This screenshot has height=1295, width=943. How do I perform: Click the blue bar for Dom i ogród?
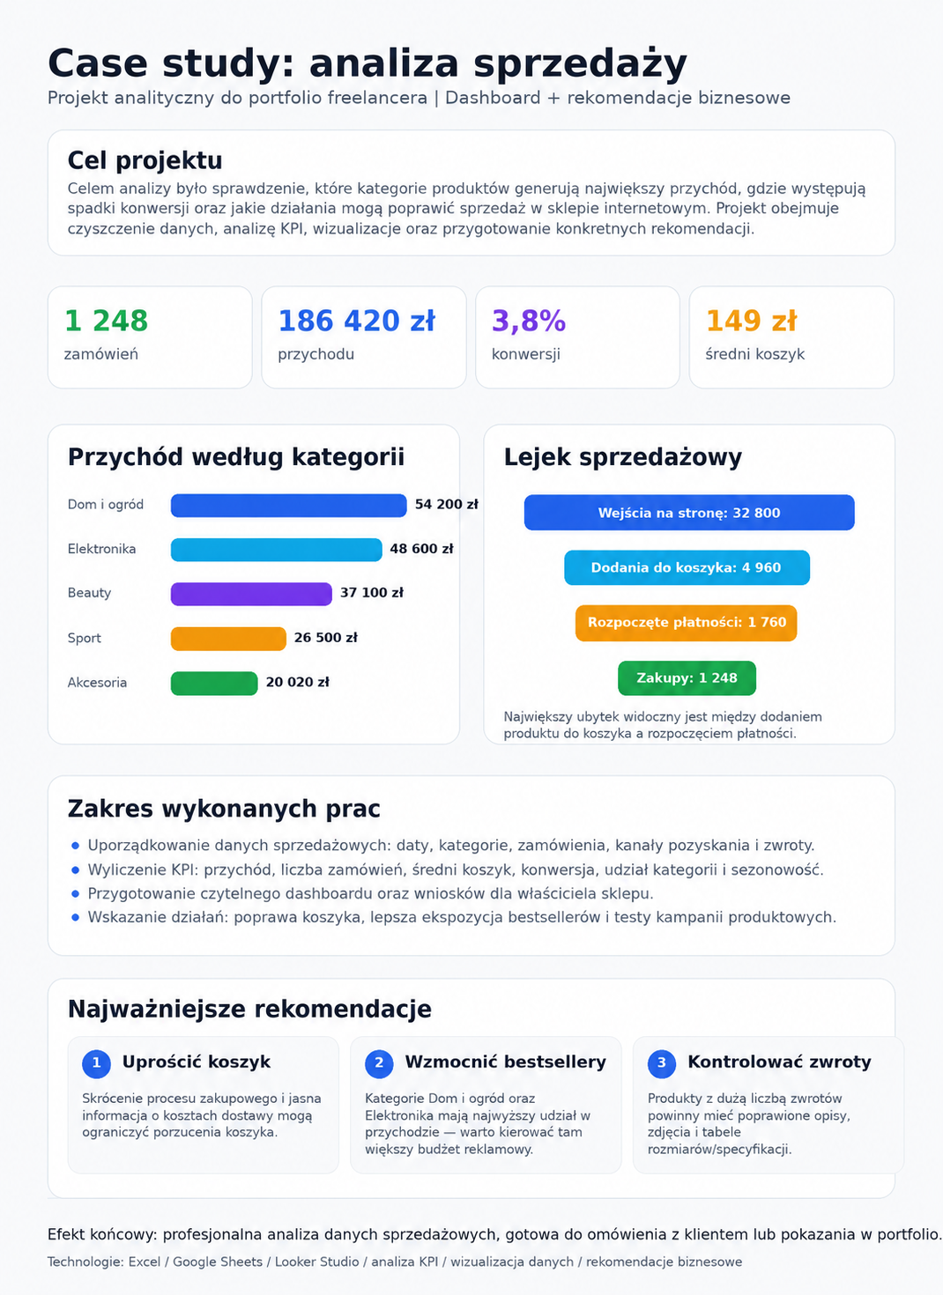point(289,506)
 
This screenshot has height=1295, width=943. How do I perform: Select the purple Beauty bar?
point(251,594)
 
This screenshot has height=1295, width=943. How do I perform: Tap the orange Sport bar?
point(228,639)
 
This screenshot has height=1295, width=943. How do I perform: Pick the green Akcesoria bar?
point(214,684)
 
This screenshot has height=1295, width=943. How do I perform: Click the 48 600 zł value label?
point(421,549)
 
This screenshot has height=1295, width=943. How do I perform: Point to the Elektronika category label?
point(102,549)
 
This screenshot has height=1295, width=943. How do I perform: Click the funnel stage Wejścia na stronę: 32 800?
point(689,512)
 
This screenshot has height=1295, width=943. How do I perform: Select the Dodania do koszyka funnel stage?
point(687,567)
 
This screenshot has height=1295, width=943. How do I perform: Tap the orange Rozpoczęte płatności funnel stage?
point(687,623)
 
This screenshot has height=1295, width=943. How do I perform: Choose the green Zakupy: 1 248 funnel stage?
point(687,677)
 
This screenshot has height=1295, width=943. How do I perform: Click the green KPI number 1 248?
point(107,321)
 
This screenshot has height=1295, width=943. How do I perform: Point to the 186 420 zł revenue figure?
point(356,321)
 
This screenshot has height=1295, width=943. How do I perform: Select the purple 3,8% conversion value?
point(529,321)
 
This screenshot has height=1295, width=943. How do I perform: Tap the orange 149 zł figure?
point(752,321)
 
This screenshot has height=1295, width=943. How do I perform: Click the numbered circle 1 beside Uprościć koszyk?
point(97,1064)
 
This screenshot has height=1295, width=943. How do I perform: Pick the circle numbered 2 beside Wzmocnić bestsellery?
point(379,1064)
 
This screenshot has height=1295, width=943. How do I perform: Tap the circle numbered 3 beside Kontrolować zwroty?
point(662,1064)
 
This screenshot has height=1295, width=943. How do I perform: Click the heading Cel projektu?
point(145,160)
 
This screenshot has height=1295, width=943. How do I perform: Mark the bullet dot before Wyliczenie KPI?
point(75,870)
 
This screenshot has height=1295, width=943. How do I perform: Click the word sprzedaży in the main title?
point(580,65)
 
